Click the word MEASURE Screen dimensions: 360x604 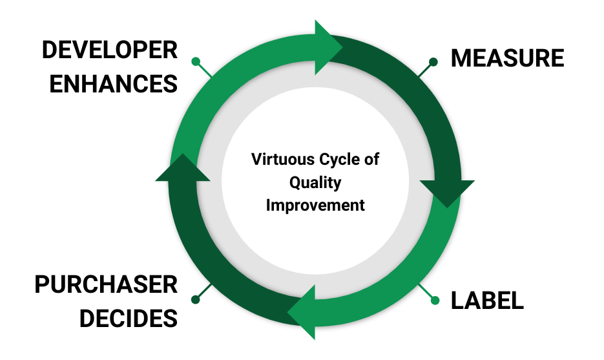pos(507,58)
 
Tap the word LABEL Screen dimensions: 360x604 pos(487,301)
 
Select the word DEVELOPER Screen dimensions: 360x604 pos(109,50)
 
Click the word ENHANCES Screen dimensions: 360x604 pos(113,83)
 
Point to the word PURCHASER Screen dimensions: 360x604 pos(106,285)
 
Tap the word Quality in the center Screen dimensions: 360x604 pos(315,182)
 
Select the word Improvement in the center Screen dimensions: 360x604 pos(315,206)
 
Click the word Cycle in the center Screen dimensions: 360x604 pos(337,159)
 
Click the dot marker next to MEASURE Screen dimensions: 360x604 pos(434,62)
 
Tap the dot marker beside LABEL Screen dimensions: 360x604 pos(435,301)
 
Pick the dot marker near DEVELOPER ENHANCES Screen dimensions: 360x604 pos(196,62)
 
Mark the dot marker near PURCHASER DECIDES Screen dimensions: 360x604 pos(195,299)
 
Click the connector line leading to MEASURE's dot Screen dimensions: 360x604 pos(425,70)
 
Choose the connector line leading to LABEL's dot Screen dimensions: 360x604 pos(426,291)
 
